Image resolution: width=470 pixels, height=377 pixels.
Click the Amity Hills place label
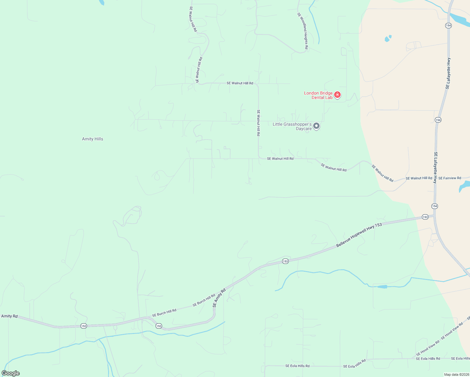(92, 139)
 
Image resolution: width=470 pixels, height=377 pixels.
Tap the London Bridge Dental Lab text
(318, 95)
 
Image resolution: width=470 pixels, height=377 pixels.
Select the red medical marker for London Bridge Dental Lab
(337, 95)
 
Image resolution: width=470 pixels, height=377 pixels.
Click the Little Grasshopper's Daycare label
(292, 126)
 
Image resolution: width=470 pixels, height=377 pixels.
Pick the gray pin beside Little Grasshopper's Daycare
(316, 126)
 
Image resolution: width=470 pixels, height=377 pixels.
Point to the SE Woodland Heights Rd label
(303, 30)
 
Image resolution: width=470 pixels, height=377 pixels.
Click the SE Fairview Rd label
(450, 178)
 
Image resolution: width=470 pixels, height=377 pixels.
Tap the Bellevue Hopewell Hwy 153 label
(359, 235)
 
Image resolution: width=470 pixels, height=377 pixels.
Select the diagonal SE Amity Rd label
(219, 298)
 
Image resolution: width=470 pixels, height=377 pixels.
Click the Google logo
(10, 373)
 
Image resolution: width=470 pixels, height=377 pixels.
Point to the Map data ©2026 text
(456, 374)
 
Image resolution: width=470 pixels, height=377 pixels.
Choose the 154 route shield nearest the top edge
(448, 25)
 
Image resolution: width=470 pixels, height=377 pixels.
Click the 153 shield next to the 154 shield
(425, 217)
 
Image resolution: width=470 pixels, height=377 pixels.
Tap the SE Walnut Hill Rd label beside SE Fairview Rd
(419, 178)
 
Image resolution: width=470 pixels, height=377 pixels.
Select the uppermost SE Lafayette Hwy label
(448, 73)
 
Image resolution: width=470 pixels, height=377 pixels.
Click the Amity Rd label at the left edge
(9, 316)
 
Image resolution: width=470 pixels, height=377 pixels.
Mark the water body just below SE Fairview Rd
(463, 187)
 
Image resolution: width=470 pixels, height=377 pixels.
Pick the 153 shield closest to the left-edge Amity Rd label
(83, 326)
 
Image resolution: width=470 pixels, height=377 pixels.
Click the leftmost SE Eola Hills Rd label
(297, 366)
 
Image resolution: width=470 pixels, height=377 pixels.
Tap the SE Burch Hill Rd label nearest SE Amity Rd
(204, 300)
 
